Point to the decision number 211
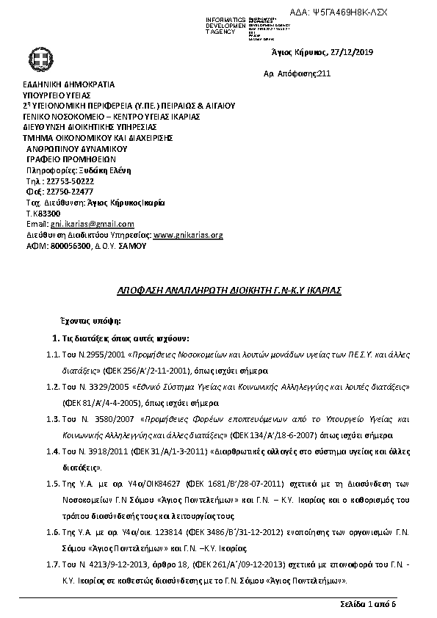click(x=325, y=74)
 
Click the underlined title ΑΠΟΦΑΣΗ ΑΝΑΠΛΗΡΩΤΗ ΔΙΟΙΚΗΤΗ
click(x=219, y=291)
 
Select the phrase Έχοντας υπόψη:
click(x=90, y=321)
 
